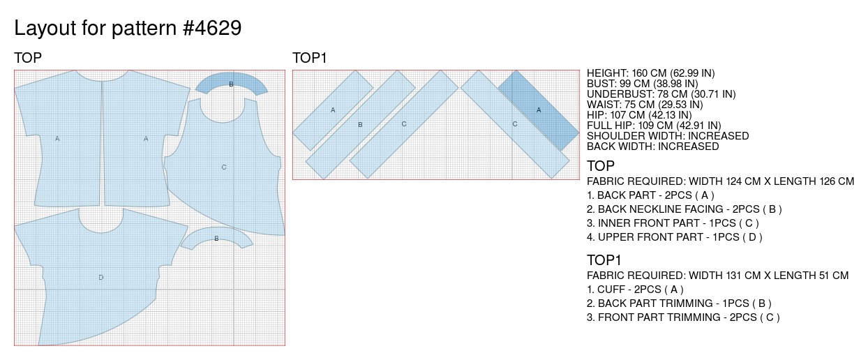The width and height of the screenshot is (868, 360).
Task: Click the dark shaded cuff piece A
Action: point(539,110)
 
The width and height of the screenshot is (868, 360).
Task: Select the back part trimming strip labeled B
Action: point(360,124)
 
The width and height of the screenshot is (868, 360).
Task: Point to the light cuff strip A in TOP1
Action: point(333,110)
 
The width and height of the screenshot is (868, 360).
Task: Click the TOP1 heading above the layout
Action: point(310,58)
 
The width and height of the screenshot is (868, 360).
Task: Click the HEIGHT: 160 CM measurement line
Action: point(650,73)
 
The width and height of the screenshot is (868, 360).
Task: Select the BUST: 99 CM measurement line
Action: point(642,84)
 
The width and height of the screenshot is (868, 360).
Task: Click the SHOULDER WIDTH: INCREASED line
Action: point(668,136)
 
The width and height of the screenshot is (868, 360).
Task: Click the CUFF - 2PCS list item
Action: point(636,290)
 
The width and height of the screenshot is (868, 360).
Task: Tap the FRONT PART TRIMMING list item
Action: point(683,317)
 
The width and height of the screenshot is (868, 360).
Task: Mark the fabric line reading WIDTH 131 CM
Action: point(717,276)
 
